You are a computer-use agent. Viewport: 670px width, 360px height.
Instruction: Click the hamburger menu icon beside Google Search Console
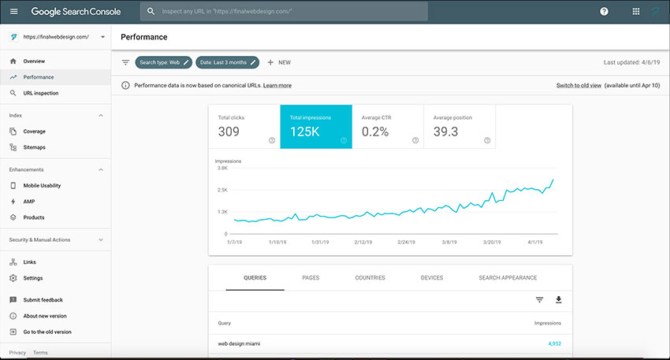pos(14,12)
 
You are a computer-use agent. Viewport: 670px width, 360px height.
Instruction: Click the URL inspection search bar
pos(284,12)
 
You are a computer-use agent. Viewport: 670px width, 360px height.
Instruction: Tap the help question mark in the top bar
pos(604,12)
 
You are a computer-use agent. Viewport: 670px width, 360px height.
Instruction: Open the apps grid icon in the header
pos(636,12)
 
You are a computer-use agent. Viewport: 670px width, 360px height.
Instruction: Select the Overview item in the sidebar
pos(34,61)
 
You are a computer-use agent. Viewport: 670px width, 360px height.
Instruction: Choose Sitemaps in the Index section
pos(34,147)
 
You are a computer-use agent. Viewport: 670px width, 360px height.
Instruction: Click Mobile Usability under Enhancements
pos(42,186)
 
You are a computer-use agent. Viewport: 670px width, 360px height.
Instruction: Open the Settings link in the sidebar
pos(33,278)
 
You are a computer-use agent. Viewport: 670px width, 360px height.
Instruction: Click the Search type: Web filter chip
pos(164,62)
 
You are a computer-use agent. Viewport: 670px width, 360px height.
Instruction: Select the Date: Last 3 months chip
pos(227,62)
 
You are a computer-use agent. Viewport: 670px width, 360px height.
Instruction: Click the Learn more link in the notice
pos(277,85)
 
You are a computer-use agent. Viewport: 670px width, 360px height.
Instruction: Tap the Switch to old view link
pos(579,85)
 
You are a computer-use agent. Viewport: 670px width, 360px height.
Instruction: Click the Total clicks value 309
pos(229,132)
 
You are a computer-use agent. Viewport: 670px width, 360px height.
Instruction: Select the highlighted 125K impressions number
pos(305,132)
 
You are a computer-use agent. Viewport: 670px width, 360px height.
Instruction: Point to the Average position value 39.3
pos(445,132)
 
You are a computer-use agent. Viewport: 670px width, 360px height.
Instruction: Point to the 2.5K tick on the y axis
pos(222,190)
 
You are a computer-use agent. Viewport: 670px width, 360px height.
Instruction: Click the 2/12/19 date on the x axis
pos(363,242)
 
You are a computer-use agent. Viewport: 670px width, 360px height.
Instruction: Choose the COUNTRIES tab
pos(370,277)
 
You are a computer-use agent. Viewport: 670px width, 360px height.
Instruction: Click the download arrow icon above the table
pos(559,300)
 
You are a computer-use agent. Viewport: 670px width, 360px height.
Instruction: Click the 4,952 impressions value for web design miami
pos(555,343)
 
